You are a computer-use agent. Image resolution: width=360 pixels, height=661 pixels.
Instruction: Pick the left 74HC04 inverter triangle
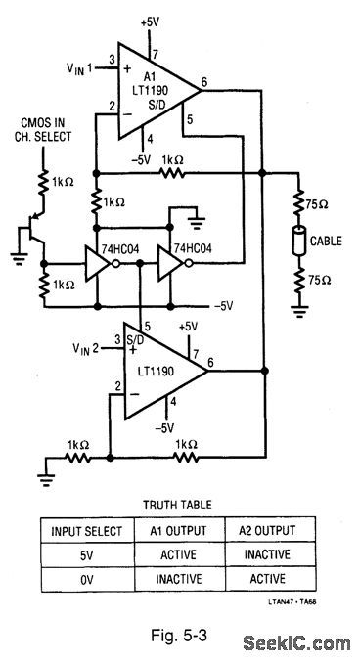(99, 263)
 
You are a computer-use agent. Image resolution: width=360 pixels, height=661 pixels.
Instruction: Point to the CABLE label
(329, 238)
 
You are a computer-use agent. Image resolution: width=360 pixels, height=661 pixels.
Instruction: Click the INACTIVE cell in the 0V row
(180, 578)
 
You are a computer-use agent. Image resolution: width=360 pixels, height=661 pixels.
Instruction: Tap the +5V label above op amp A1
(152, 20)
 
